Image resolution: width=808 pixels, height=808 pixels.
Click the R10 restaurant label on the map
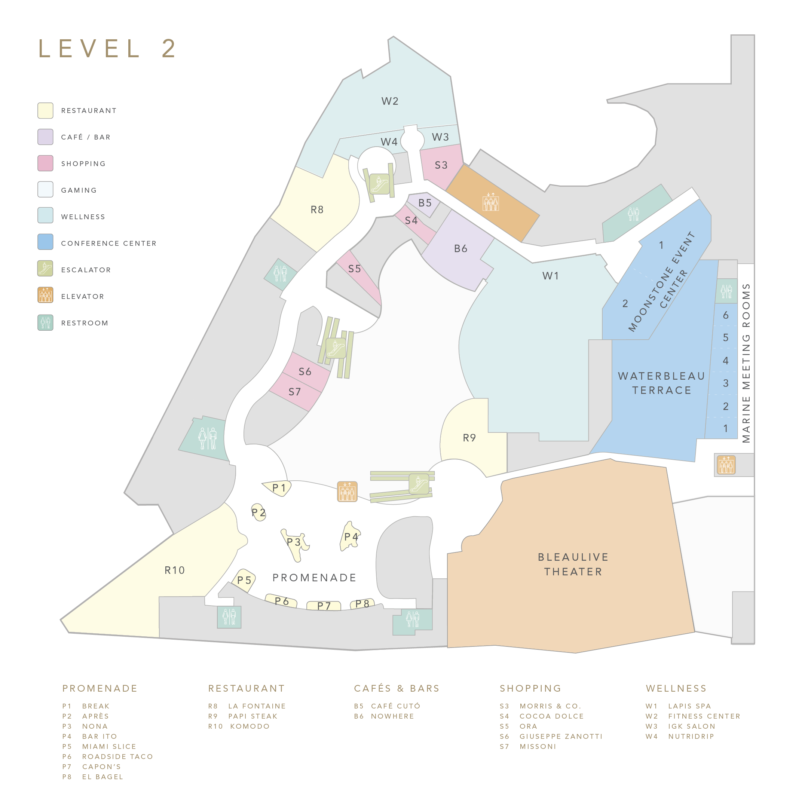click(174, 570)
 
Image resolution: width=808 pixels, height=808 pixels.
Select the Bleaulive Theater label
click(573, 564)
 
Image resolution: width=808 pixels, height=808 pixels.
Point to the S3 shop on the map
click(441, 166)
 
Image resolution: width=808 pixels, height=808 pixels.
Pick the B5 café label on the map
click(425, 203)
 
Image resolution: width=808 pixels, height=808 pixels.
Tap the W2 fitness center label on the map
click(390, 101)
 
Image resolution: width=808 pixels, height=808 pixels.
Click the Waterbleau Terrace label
click(661, 383)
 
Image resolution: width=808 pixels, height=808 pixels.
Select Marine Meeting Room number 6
click(726, 315)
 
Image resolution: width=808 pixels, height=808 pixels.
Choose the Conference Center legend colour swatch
click(45, 242)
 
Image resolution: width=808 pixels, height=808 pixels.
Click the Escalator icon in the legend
click(45, 268)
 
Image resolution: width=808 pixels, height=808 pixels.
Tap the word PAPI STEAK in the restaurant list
click(252, 716)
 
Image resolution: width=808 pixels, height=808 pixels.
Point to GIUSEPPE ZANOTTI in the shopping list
click(561, 736)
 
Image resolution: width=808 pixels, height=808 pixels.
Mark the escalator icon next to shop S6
click(336, 348)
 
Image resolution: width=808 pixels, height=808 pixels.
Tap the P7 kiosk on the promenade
click(324, 606)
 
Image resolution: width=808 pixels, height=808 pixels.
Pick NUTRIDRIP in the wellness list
click(691, 736)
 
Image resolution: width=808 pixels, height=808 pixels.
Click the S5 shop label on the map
click(355, 269)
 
